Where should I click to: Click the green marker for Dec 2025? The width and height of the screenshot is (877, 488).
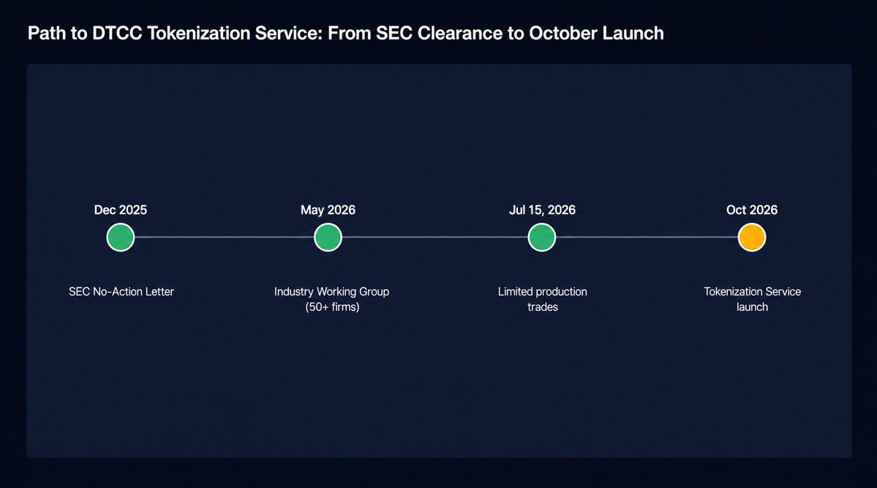(x=120, y=237)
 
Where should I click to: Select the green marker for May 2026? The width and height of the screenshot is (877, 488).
(x=328, y=237)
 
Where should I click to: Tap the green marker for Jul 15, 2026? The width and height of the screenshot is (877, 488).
(x=541, y=237)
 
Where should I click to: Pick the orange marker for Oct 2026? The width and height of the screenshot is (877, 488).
(x=752, y=237)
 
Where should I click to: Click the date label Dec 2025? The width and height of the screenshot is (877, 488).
(x=120, y=210)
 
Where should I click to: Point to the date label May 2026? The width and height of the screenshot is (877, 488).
(x=328, y=210)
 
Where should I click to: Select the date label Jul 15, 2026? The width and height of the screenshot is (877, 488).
(x=542, y=210)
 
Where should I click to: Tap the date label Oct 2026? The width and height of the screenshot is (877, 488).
(x=752, y=210)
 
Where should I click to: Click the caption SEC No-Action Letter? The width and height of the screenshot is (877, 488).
(x=121, y=292)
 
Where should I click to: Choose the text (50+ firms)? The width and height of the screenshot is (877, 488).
(x=332, y=307)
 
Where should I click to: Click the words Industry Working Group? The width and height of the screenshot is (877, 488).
(x=331, y=292)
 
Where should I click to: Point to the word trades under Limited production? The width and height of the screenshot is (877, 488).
(x=543, y=307)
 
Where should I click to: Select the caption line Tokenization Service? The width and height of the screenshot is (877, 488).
(x=752, y=292)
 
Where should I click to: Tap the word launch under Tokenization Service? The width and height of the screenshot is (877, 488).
(x=752, y=307)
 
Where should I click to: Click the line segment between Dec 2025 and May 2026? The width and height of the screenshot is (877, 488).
(x=225, y=237)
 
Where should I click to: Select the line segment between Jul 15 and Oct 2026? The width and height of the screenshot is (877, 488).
(x=647, y=237)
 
